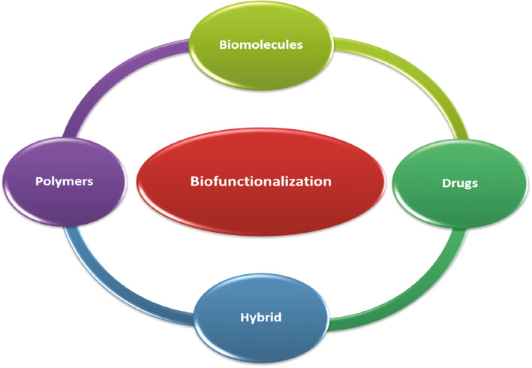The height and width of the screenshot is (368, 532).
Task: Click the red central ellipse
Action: [x=261, y=182]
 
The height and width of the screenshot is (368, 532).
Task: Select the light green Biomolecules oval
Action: [x=261, y=46]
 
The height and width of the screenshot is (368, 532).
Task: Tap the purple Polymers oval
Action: [x=65, y=182]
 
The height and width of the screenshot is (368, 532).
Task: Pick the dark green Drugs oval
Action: [x=460, y=184]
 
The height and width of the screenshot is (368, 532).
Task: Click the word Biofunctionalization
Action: [x=261, y=181]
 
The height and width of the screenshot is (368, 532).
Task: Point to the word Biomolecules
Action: [x=261, y=45]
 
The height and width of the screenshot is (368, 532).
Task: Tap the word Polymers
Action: [x=65, y=182]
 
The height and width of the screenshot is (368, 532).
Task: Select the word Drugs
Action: [x=460, y=184]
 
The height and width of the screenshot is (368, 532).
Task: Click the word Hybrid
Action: [x=261, y=318]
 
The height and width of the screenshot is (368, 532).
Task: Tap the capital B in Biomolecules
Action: [x=224, y=45]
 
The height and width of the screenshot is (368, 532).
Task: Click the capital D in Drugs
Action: [x=446, y=183]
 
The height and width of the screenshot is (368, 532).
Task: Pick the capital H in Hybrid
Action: [x=245, y=317]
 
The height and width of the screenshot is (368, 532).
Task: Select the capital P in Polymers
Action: [x=39, y=181]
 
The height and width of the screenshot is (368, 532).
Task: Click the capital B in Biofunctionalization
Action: [x=194, y=181]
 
